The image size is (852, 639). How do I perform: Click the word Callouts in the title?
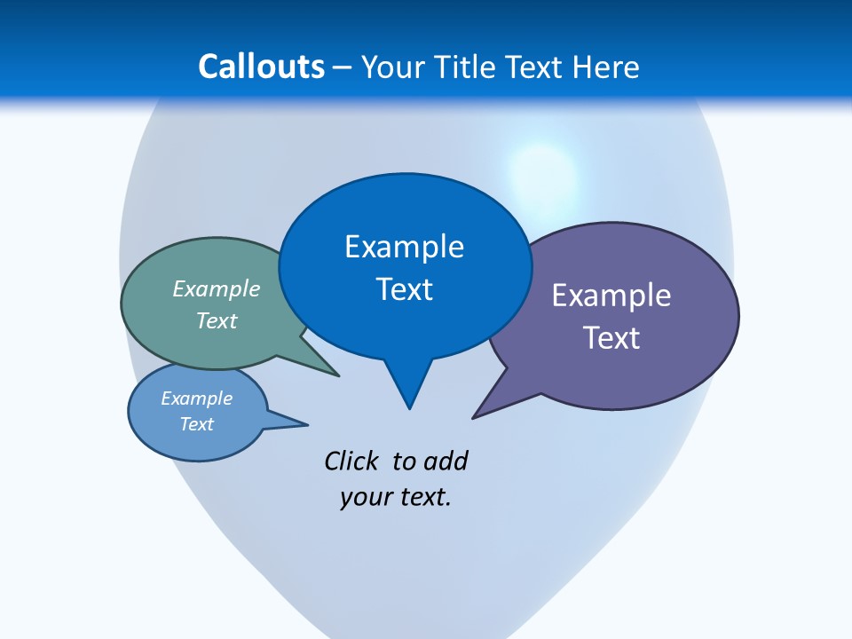click(x=261, y=67)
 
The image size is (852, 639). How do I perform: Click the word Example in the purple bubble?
click(x=611, y=296)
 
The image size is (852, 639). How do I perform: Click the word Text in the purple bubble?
click(x=611, y=338)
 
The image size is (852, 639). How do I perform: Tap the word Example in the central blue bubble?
click(x=404, y=247)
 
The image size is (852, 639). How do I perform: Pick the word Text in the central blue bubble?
click(x=404, y=289)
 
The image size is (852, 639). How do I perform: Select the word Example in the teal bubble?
click(x=217, y=288)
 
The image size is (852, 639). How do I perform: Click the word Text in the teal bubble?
click(x=217, y=320)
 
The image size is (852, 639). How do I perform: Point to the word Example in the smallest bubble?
click(x=196, y=398)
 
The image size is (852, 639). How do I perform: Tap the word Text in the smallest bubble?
click(x=196, y=424)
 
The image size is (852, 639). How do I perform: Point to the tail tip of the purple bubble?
click(x=474, y=417)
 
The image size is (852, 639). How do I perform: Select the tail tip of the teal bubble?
click(x=338, y=375)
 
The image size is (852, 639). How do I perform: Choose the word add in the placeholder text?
click(x=446, y=461)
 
